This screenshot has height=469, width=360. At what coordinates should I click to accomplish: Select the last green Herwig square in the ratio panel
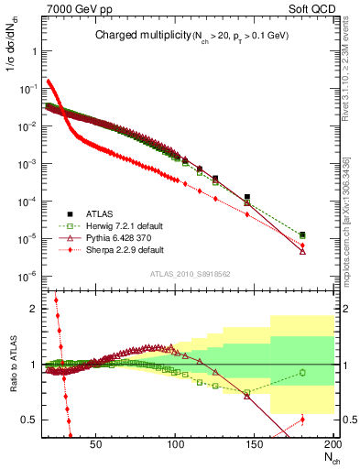[x=303, y=372]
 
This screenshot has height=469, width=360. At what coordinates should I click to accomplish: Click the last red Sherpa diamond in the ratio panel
[x=303, y=420]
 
